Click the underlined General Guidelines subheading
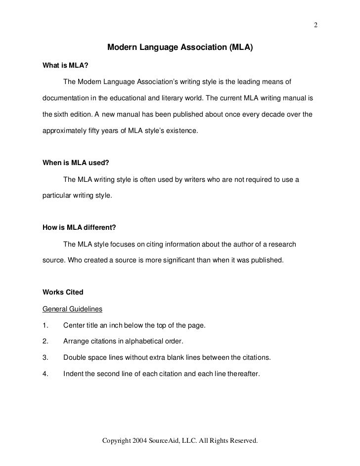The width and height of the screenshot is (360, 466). [x=73, y=309]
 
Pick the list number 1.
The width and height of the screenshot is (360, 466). [x=45, y=326]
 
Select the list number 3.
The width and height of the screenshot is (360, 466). [x=45, y=358]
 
